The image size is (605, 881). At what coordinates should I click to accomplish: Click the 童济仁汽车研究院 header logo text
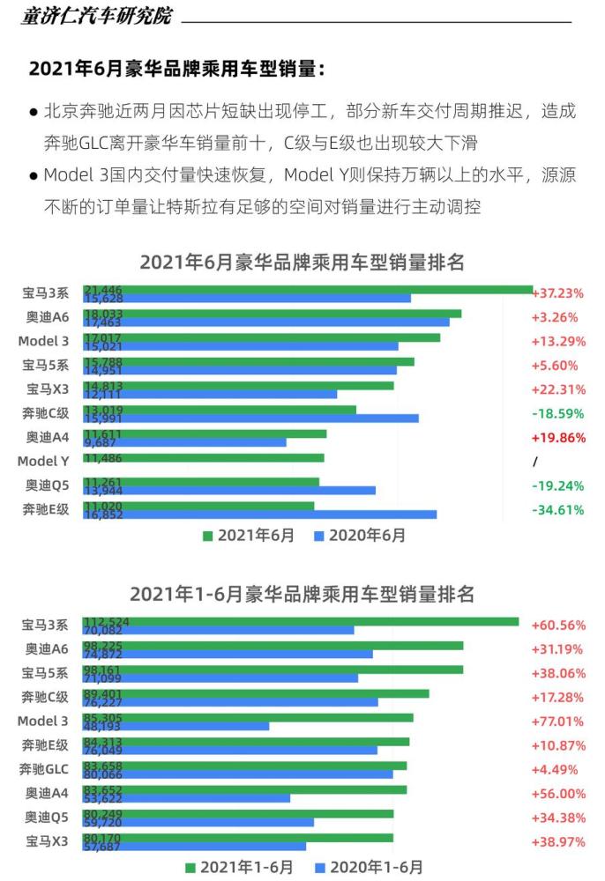tap(96, 17)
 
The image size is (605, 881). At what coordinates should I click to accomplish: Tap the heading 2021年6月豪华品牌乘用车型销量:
tap(176, 70)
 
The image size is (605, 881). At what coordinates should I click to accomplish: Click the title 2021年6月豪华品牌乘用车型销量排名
tap(302, 262)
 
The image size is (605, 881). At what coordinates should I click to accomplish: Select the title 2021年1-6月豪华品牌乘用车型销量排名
tap(302, 594)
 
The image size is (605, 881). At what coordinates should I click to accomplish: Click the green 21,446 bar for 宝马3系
tap(309, 289)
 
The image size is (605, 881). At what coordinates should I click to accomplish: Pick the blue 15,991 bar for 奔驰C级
tap(251, 418)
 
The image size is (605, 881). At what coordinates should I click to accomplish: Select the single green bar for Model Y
tap(204, 457)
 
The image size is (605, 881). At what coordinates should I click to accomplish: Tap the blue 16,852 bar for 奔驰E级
tap(260, 514)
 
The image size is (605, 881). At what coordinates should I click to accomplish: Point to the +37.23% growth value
tap(557, 293)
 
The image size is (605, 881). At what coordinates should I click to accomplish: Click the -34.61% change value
tap(557, 509)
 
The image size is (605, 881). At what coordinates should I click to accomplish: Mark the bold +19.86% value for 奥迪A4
tap(557, 438)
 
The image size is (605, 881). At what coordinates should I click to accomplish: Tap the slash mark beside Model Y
tap(534, 462)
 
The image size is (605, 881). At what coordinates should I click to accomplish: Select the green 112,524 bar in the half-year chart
tap(301, 621)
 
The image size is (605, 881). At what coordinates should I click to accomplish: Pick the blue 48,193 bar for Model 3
tap(176, 726)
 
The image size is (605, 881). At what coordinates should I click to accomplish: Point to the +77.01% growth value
tap(557, 721)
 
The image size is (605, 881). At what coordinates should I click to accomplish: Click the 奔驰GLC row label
tap(43, 769)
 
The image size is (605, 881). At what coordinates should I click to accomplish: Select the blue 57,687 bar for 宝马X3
tap(195, 846)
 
